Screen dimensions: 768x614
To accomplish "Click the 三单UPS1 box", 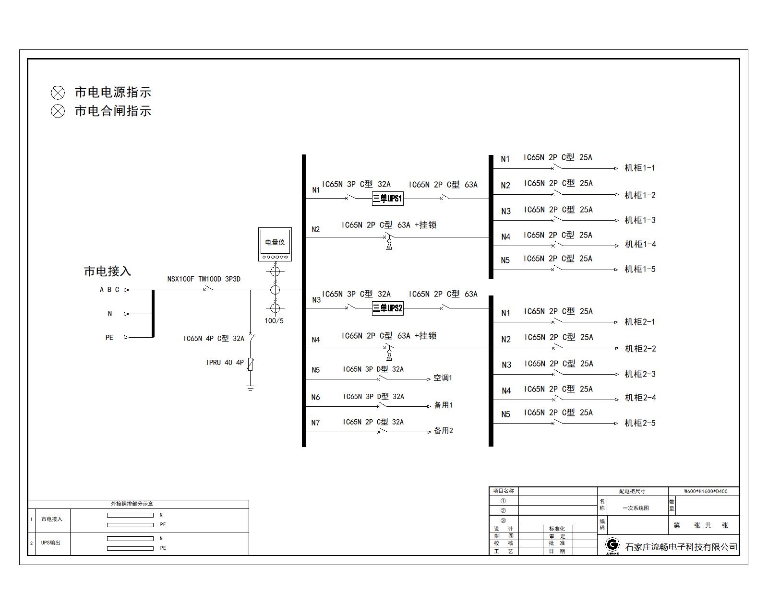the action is point(387,199).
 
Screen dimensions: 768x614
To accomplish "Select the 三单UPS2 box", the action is point(387,308).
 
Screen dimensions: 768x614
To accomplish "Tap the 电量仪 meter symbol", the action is point(275,244).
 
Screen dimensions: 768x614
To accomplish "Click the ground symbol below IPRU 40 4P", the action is point(250,388).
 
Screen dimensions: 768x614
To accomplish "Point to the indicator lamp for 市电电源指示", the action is point(58,93).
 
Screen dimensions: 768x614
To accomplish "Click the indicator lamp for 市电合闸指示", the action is point(58,111).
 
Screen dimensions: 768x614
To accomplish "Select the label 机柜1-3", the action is point(640,220).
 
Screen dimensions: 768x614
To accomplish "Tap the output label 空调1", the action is point(443,378).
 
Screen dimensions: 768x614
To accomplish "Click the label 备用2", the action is point(443,431).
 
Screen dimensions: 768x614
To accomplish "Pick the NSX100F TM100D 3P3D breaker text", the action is point(204,279).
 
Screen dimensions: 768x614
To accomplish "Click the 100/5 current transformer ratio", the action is point(274,321).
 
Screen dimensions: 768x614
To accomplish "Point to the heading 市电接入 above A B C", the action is point(108,271).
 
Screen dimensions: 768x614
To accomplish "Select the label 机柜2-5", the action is point(640,423).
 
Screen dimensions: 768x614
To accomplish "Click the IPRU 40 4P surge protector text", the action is point(225,363).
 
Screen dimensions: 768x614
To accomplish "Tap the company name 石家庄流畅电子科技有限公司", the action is point(681,547).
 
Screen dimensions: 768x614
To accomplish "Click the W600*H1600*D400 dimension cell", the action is point(706,491).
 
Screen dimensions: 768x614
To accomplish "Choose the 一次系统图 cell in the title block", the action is point(636,508).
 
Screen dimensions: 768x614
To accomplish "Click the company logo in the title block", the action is point(612,546).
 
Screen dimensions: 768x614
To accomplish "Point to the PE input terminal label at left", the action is point(109,338).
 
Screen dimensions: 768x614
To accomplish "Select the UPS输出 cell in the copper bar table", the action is point(51,543).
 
